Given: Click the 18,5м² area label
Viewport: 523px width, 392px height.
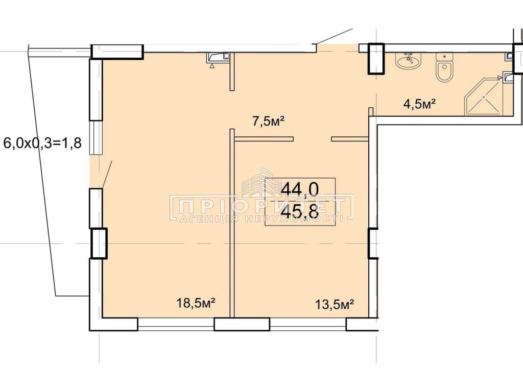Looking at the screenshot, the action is [x=196, y=303].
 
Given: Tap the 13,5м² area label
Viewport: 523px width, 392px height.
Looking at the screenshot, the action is [x=335, y=304].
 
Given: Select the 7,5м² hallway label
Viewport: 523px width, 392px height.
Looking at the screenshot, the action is [x=268, y=121].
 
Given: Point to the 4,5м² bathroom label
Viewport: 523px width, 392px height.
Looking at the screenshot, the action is [x=420, y=104].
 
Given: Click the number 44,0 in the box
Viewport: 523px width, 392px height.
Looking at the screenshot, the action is [x=300, y=189].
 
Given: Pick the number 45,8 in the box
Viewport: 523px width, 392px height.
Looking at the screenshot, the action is [x=300, y=211].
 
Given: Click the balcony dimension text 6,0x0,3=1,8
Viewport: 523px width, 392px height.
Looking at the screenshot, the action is [x=42, y=143].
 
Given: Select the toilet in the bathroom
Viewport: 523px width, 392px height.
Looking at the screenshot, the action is [x=445, y=68].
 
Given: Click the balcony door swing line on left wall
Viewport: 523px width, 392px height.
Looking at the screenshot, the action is [x=107, y=174].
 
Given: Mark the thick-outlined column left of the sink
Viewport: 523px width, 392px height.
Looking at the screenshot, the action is [x=376, y=59].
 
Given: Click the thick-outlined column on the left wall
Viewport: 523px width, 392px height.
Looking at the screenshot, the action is [x=99, y=243].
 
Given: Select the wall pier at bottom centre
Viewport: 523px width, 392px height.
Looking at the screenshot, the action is [x=242, y=324].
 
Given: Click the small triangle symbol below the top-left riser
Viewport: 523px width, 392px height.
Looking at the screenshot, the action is [x=212, y=66].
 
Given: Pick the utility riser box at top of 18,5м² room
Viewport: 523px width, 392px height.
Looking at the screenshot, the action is [x=219, y=57].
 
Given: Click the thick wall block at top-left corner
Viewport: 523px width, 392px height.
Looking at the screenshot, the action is [x=117, y=52].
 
